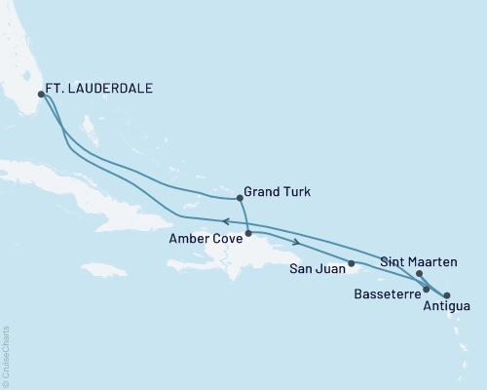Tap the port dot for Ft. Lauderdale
click(41, 95)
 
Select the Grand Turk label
click(278, 191)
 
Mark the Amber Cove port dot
click(248, 233)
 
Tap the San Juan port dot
click(352, 263)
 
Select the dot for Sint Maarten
click(419, 274)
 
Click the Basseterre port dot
click(427, 290)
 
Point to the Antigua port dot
click(447, 294)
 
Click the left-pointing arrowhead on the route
click(227, 220)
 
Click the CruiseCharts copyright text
click(7, 355)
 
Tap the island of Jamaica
click(104, 268)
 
